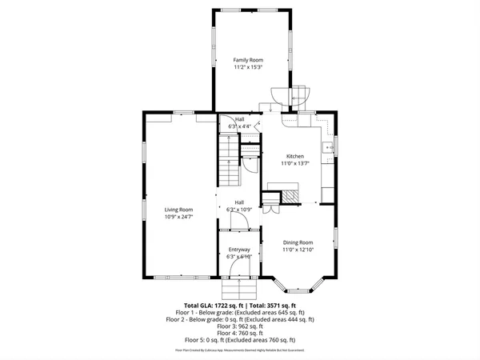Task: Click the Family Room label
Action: coord(248,60)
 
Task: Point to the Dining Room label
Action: coord(297,242)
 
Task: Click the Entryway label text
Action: coord(239,250)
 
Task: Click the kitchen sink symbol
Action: coord(328,147)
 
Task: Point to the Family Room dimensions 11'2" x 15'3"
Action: coord(248,67)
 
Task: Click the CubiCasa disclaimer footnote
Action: coord(240,350)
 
